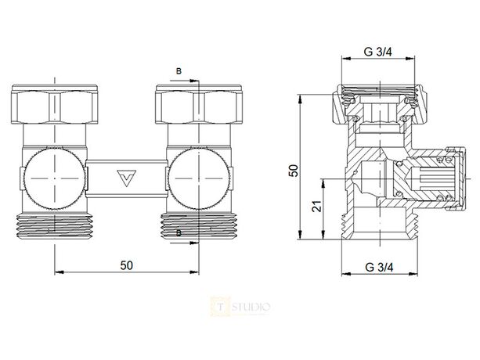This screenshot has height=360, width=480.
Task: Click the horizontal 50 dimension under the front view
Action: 125,265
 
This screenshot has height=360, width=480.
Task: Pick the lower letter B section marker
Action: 179,233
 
